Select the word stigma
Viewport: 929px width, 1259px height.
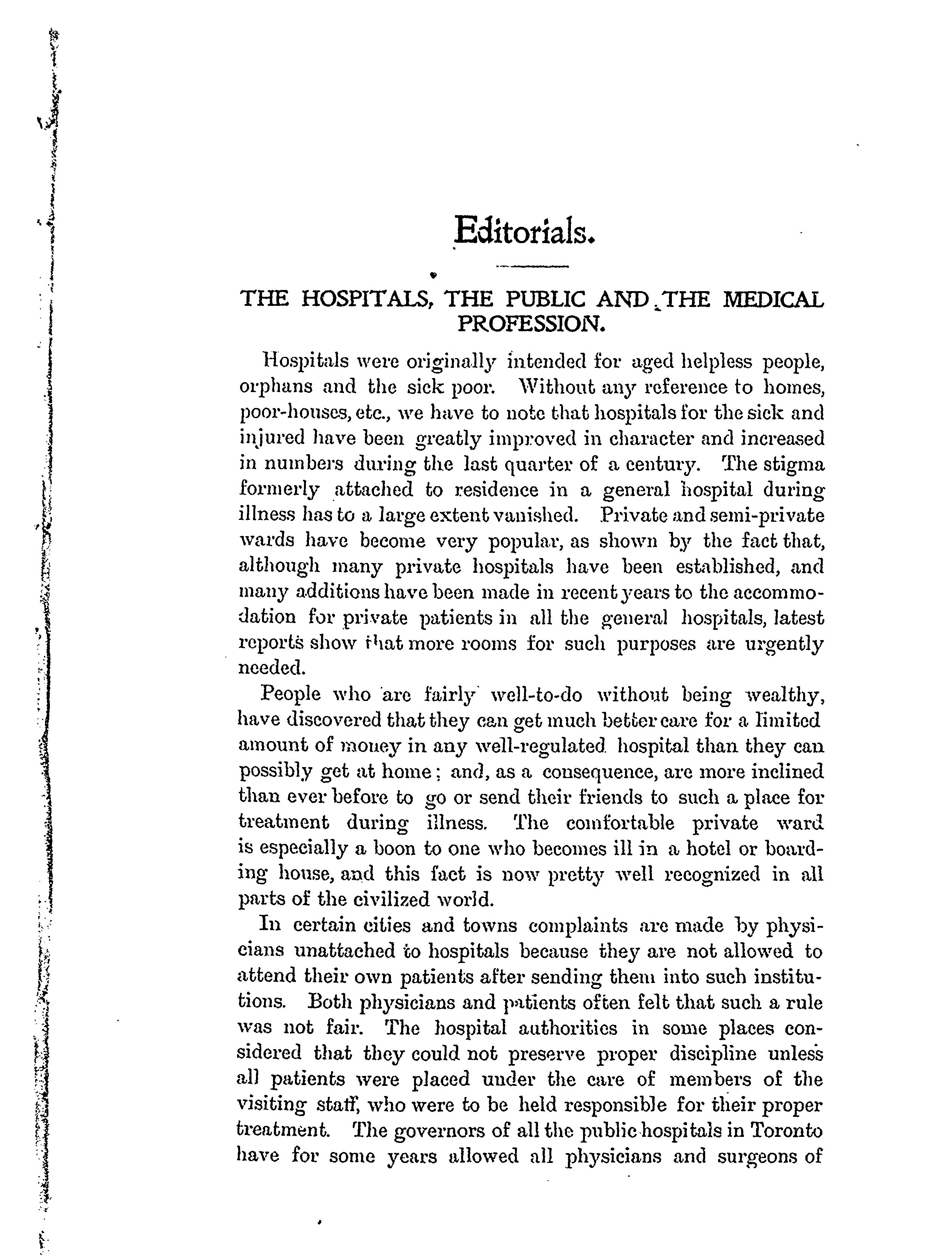point(794,465)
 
